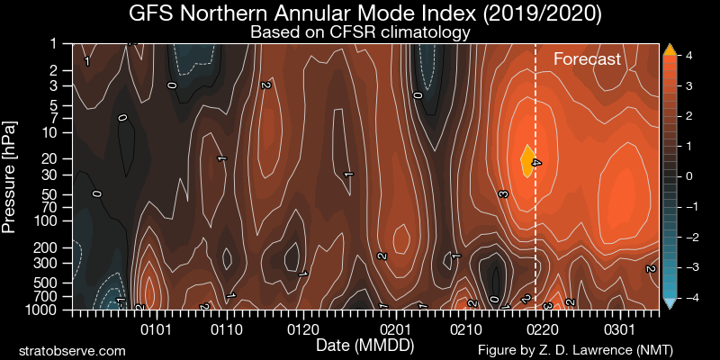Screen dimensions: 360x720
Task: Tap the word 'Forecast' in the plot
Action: (587, 60)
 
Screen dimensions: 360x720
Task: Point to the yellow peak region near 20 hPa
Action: (528, 159)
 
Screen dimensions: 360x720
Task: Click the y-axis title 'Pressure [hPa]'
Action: (11, 175)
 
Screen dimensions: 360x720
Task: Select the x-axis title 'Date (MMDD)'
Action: (365, 345)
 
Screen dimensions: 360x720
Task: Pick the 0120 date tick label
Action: (301, 329)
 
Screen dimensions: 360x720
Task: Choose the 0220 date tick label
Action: (538, 329)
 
